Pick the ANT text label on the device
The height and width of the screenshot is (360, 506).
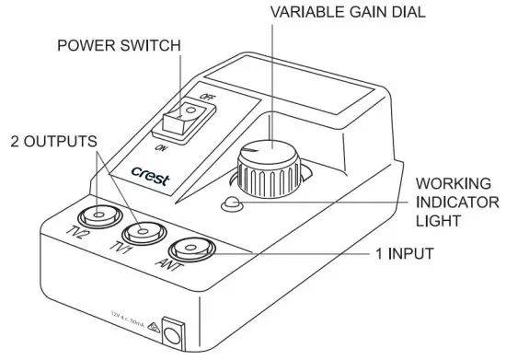[x=168, y=269]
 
